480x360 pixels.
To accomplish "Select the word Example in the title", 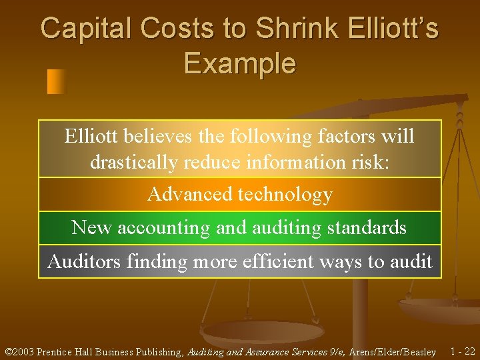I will point(240,64).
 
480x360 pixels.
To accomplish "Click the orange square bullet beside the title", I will point(57,81).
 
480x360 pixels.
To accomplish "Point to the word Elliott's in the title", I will point(393,29).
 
